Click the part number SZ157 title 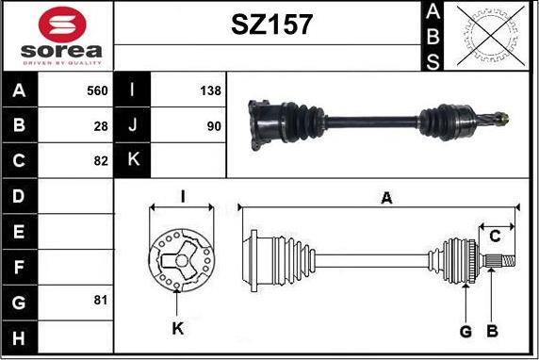[271, 25]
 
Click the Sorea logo [58, 36]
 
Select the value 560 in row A [97, 90]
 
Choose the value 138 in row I [210, 90]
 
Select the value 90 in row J [214, 125]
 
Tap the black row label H [20, 335]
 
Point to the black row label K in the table [132, 160]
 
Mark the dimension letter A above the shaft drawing [384, 198]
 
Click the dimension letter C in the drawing [494, 236]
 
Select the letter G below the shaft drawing [465, 330]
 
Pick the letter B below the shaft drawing [491, 330]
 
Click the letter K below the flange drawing [178, 329]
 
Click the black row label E [20, 230]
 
